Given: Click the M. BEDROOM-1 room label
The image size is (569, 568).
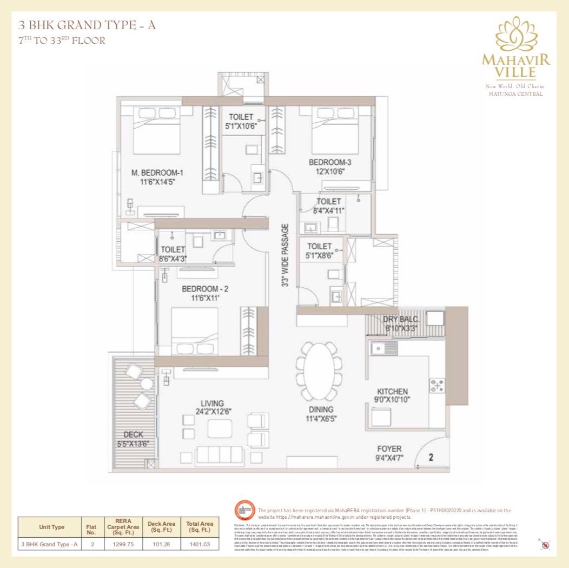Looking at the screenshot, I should pyautogui.click(x=157, y=173).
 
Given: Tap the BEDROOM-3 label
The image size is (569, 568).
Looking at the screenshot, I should pyautogui.click(x=330, y=162).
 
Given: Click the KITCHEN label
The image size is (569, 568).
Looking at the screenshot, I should pyautogui.click(x=393, y=391).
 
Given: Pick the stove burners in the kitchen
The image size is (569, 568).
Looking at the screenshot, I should pyautogui.click(x=436, y=385).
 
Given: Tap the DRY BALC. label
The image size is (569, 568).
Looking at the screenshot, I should pyautogui.click(x=402, y=319).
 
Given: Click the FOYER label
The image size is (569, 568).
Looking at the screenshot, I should pyautogui.click(x=389, y=449).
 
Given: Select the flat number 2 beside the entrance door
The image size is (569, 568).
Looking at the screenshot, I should pyautogui.click(x=431, y=457).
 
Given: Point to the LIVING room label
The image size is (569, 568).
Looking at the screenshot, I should pyautogui.click(x=212, y=403).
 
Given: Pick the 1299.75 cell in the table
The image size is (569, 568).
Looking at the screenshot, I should pyautogui.click(x=126, y=544).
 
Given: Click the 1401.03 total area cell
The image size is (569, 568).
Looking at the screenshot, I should pyautogui.click(x=200, y=544).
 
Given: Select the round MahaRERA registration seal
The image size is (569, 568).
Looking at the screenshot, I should pyautogui.click(x=244, y=511).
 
